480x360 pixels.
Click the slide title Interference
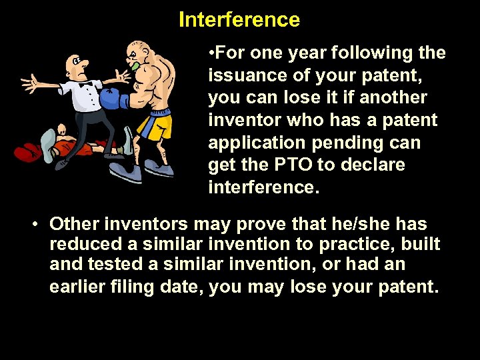pyautogui.click(x=239, y=20)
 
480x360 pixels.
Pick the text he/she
pyautogui.click(x=348, y=224)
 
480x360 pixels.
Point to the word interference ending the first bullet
pyautogui.click(x=264, y=187)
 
